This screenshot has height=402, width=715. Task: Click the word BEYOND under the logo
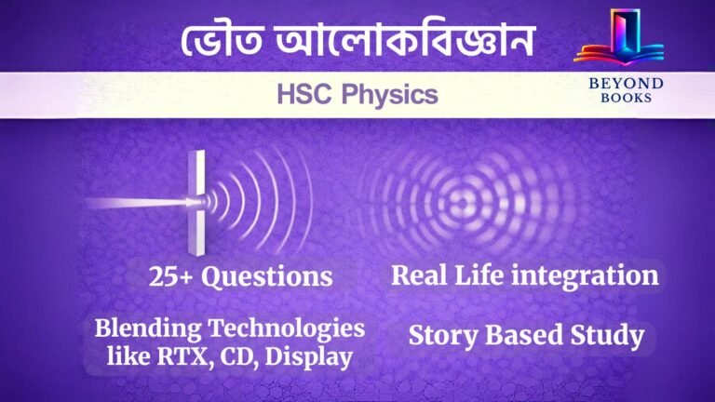click(619, 83)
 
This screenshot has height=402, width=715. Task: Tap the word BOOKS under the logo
click(619, 98)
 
